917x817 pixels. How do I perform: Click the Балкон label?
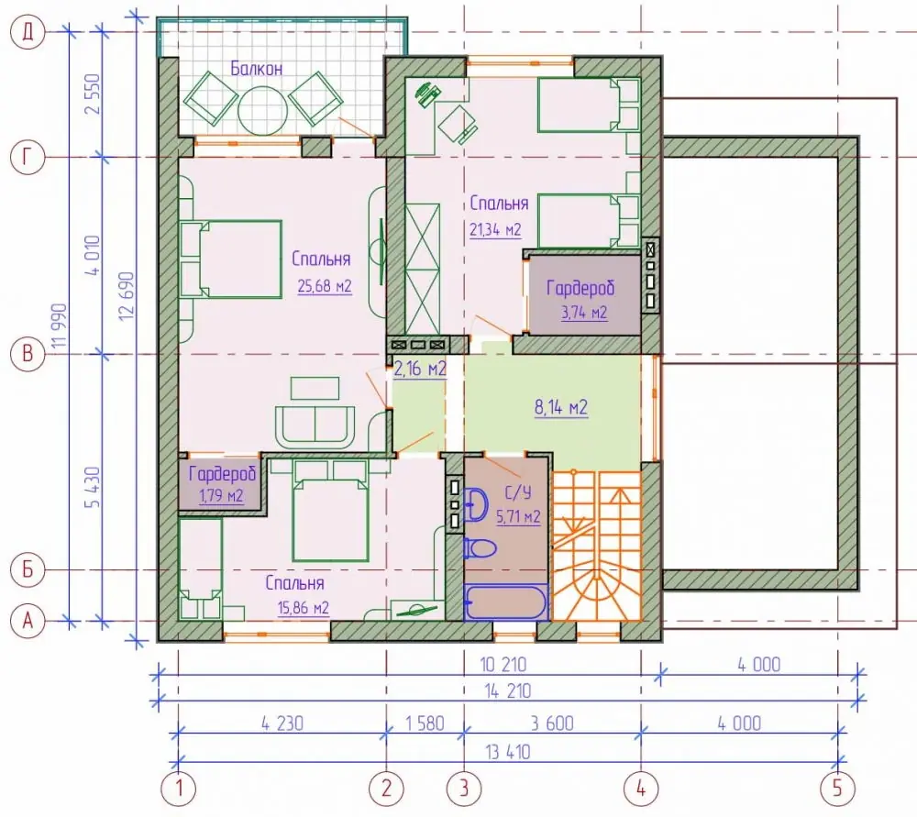pos(256,69)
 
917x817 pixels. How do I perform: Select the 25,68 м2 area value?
pos(324,286)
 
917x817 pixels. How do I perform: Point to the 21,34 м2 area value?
pos(495,230)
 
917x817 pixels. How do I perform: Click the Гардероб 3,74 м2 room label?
pos(581,300)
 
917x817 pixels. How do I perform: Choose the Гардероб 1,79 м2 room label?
pos(222,484)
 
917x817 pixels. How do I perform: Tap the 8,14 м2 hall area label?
pos(561,407)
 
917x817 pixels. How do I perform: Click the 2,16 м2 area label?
pos(420,369)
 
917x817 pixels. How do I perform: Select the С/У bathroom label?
pos(517,492)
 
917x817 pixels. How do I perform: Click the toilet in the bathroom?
pos(480,548)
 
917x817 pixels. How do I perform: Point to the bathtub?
pos(506,602)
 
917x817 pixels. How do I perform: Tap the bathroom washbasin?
pos(476,504)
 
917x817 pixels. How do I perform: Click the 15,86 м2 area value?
pos(303,608)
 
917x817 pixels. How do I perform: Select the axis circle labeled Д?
pos(28,31)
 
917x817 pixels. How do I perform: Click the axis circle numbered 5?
pos(837,788)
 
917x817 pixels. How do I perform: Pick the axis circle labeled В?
pos(28,354)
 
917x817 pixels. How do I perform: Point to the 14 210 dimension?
pos(508,691)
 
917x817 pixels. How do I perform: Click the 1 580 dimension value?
pos(425,723)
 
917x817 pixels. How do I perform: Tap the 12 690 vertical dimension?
pos(127,295)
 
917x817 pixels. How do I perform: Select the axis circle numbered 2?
pos(386,788)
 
